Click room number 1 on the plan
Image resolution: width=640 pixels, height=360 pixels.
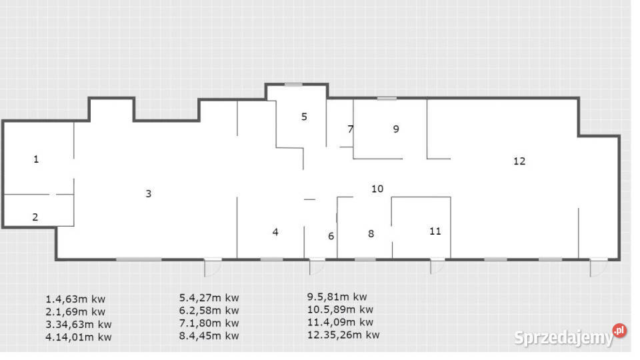pyautogui.click(x=36, y=159)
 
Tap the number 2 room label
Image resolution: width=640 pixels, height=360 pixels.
pyautogui.click(x=35, y=217)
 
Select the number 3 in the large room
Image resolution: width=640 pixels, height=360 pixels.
pyautogui.click(x=149, y=193)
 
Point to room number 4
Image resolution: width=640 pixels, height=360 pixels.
pyautogui.click(x=275, y=232)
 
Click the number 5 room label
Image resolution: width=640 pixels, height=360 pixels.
pyautogui.click(x=304, y=117)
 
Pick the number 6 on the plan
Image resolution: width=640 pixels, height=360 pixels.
pyautogui.click(x=331, y=236)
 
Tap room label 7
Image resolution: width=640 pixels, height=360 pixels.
pyautogui.click(x=350, y=129)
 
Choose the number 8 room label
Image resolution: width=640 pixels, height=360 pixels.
pyautogui.click(x=371, y=233)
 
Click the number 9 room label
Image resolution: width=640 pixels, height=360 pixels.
pyautogui.click(x=396, y=129)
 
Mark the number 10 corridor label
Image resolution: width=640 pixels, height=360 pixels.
pyautogui.click(x=377, y=189)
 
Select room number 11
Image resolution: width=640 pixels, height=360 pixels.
pyautogui.click(x=435, y=231)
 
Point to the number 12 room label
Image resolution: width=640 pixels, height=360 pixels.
pyautogui.click(x=519, y=161)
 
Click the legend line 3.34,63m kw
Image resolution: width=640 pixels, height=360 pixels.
pyautogui.click(x=79, y=325)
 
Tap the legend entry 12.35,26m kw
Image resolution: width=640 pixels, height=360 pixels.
pyautogui.click(x=343, y=335)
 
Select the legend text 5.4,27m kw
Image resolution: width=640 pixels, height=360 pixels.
pyautogui.click(x=209, y=298)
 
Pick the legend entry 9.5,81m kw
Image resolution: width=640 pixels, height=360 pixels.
pyautogui.click(x=337, y=297)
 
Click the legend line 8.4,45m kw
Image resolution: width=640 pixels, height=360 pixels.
pyautogui.click(x=209, y=335)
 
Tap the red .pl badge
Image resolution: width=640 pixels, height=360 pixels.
pyautogui.click(x=619, y=330)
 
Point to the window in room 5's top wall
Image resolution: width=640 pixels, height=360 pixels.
pyautogui.click(x=293, y=85)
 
